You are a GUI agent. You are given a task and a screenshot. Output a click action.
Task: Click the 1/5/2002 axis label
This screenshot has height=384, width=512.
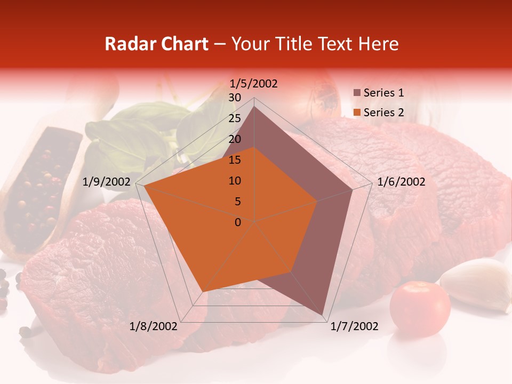[x=253, y=84]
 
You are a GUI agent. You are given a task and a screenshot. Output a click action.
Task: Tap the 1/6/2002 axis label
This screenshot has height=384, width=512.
[x=401, y=182]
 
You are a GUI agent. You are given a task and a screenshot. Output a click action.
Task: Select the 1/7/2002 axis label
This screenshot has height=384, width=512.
[x=354, y=326]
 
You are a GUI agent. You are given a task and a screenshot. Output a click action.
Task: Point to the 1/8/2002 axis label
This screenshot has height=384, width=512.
[x=154, y=326]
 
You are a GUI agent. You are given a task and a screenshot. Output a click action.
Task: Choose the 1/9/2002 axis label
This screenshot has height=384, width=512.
[x=107, y=182]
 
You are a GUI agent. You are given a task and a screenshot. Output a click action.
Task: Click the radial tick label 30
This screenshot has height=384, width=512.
[x=235, y=98]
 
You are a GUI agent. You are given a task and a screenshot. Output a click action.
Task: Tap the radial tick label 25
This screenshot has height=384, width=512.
[x=235, y=118]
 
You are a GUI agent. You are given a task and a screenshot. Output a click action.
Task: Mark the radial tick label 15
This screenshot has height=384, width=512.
[x=235, y=160]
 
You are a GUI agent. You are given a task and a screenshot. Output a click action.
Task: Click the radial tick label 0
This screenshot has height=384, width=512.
[x=238, y=222]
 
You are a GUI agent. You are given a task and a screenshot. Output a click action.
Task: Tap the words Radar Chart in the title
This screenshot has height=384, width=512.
[x=157, y=44]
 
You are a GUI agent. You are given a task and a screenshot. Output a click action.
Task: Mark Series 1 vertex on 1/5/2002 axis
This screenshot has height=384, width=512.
[x=254, y=107]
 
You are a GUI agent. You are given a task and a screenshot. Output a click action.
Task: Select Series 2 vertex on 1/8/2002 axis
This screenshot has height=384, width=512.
[x=202, y=292]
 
